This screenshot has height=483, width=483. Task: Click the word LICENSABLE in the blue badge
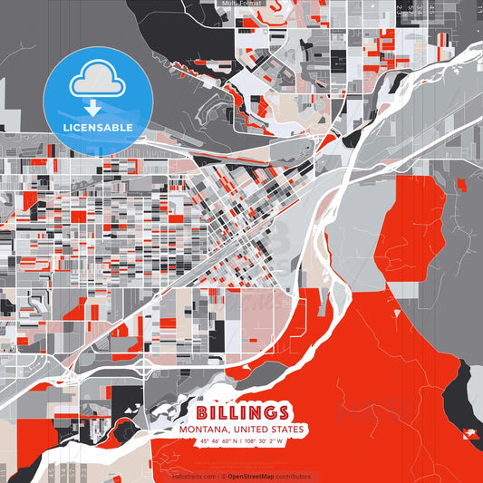pos(98,127)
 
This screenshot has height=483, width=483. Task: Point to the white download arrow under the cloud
pos(93,108)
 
